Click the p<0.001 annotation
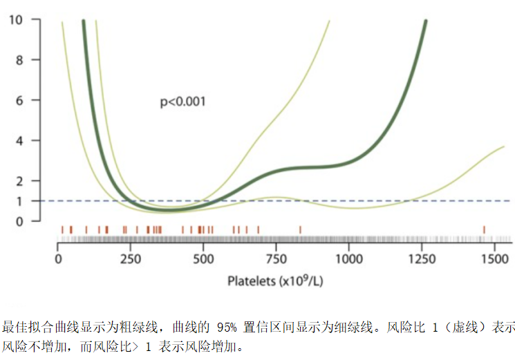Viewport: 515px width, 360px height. point(183,102)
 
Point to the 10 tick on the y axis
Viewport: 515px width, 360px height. point(15,20)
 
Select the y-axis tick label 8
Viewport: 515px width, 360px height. point(19,60)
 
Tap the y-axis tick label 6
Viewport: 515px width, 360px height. point(19,100)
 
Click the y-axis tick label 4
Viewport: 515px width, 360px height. point(19,140)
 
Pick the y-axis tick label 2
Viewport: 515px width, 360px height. point(19,181)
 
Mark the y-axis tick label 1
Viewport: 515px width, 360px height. point(19,201)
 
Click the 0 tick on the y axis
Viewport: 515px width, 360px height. point(19,221)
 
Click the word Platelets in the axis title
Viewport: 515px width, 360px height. point(252,281)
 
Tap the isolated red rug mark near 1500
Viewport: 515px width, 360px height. point(484,229)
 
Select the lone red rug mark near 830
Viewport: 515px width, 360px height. point(300,229)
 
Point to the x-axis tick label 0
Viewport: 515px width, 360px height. point(59,260)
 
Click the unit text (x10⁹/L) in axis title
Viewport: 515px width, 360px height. point(301,281)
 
